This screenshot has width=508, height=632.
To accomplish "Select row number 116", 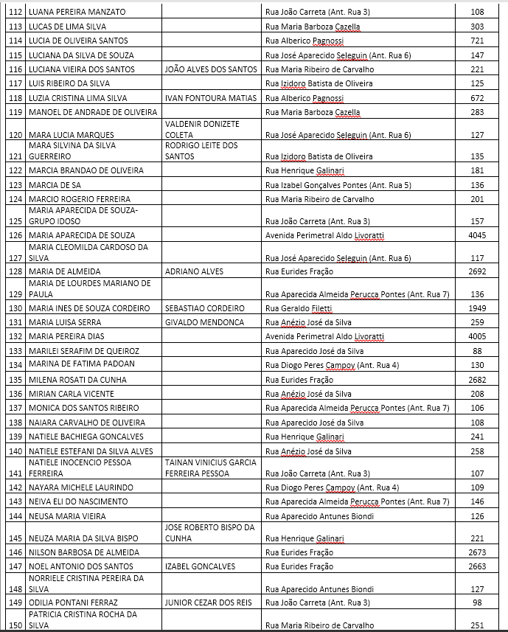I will tap(14, 69).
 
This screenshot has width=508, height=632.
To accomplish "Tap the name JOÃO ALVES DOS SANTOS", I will tap(211, 69).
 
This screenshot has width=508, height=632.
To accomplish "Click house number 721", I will tap(477, 41).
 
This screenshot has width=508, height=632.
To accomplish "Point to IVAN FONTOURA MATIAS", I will tap(209, 98).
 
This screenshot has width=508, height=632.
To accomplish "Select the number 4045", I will tap(477, 235).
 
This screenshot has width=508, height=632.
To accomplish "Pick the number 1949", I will tap(477, 308).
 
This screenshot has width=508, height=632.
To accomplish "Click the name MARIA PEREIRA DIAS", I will tap(66, 336).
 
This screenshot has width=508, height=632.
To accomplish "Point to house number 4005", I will tap(477, 336).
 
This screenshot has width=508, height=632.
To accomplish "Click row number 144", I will tap(14, 516).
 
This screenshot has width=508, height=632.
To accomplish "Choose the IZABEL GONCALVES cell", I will tap(201, 566).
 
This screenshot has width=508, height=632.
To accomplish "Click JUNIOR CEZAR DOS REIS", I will tap(209, 603).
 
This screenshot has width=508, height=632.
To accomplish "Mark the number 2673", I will tap(477, 552).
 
